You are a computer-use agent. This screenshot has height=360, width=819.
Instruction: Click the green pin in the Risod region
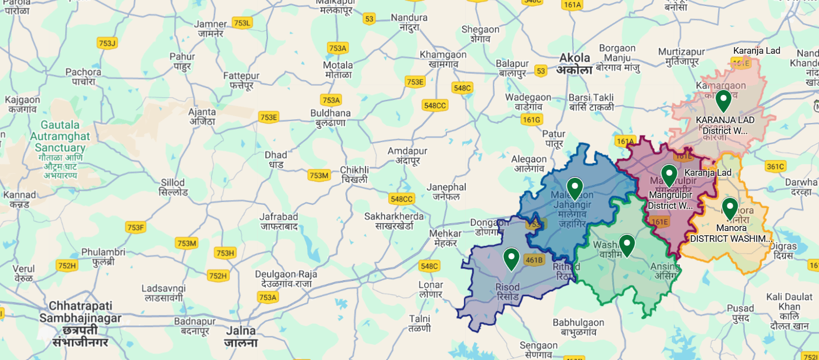click(511, 259)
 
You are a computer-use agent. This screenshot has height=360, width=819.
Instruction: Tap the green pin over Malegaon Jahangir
click(574, 188)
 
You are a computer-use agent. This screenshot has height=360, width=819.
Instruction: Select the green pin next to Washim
click(627, 245)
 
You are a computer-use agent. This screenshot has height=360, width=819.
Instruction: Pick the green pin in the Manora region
click(730, 208)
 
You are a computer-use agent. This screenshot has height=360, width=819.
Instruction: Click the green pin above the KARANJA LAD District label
click(723, 100)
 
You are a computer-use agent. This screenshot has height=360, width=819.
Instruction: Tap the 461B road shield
click(534, 260)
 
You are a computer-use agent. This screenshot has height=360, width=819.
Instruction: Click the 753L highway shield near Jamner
click(242, 23)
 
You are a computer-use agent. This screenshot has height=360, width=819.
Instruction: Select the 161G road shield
click(531, 119)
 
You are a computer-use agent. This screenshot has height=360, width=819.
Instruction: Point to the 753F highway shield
click(135, 227)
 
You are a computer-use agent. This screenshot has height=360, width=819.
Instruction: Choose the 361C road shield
click(775, 166)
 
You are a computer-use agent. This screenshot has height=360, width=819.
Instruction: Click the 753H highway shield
click(225, 253)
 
